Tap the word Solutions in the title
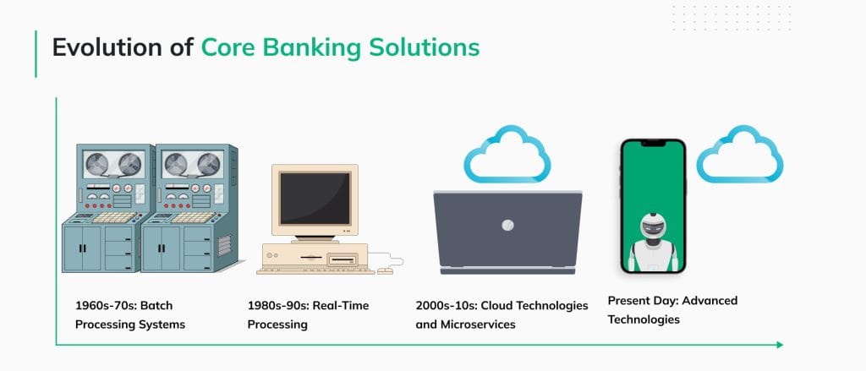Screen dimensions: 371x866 [424, 47]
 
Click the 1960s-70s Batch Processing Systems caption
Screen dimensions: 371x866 [128, 314]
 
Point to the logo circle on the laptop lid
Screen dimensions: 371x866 [507, 225]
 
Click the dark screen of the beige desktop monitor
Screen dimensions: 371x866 [315, 199]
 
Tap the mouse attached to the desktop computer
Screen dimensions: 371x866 [385, 270]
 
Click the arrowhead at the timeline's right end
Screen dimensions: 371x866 [779, 345]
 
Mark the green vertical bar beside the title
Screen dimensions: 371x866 [36, 53]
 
